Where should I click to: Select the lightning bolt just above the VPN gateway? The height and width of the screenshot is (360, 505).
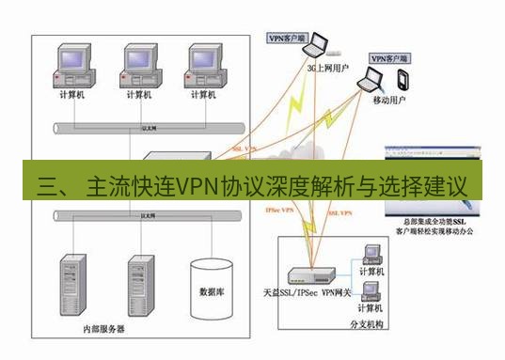(308, 235)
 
